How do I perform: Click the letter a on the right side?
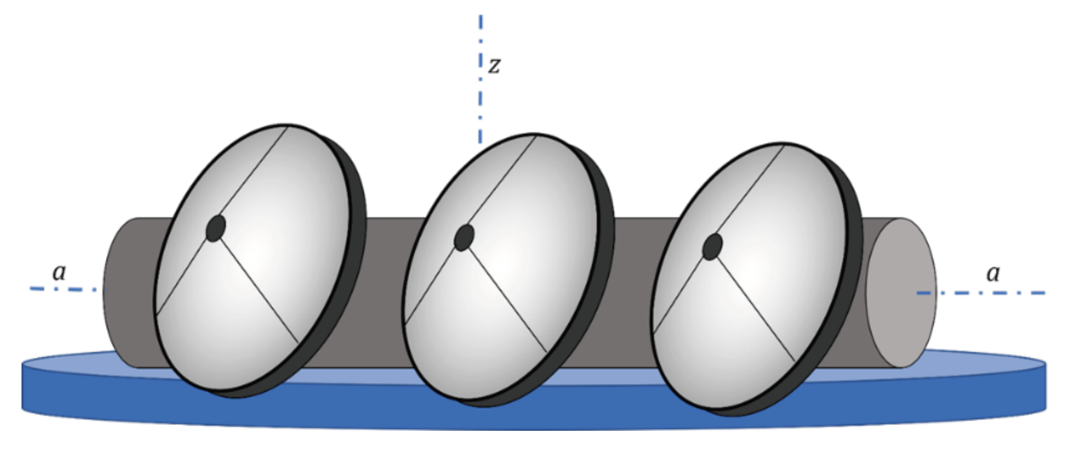pos(993,274)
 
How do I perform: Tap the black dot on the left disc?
pos(216,228)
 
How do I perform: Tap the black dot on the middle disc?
pos(464,237)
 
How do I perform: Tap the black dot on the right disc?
pos(712,246)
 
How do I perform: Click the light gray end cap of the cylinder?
pos(899,293)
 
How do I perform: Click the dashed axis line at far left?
pos(64,289)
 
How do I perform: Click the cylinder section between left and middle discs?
pos(386,293)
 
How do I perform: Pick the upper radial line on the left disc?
pos(251,177)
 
